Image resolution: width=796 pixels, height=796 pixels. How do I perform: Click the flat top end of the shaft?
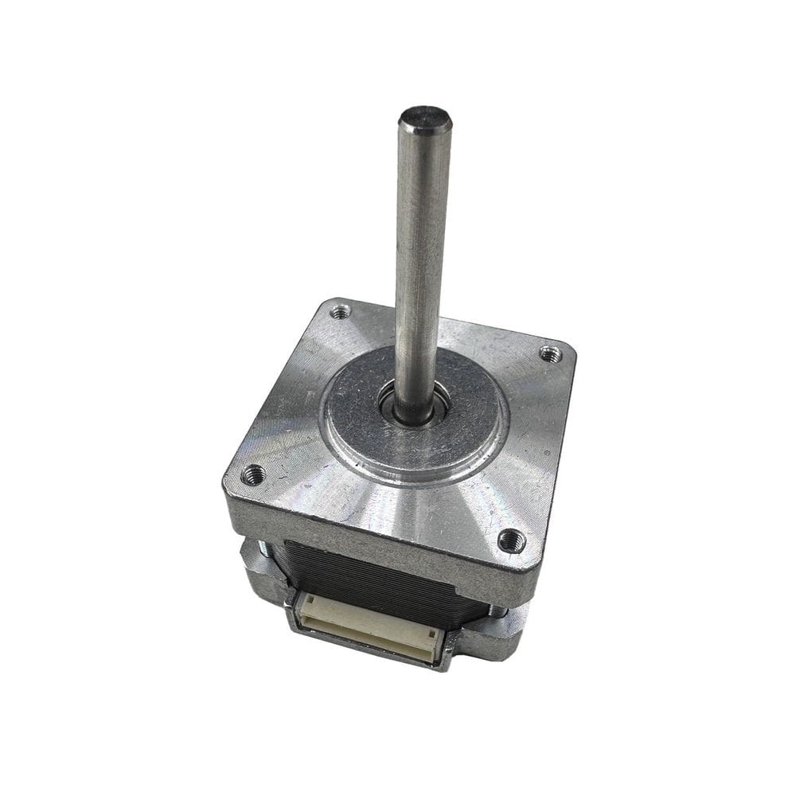[425, 119]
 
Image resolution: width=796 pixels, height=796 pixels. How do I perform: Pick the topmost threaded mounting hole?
[341, 311]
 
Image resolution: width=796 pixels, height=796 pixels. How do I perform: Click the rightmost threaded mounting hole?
[550, 352]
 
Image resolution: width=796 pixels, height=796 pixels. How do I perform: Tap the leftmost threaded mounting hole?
[253, 475]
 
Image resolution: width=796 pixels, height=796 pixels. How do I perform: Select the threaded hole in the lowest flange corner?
[510, 540]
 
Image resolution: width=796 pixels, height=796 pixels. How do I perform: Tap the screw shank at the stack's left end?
[263, 548]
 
